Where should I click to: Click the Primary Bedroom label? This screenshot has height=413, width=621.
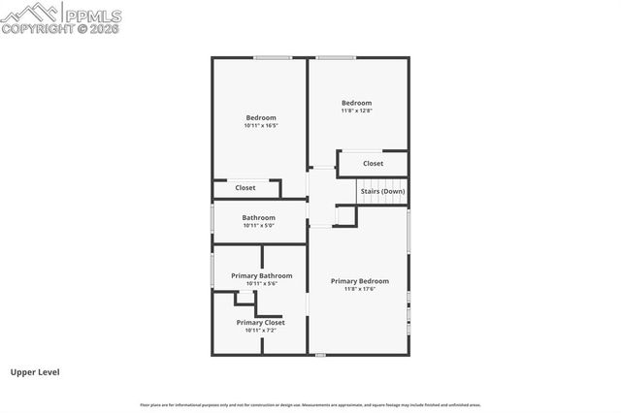click(x=360, y=281)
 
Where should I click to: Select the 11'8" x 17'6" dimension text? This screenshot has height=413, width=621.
click(x=360, y=289)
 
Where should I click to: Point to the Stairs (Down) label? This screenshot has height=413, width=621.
click(x=382, y=191)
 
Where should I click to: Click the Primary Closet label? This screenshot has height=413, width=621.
click(x=260, y=322)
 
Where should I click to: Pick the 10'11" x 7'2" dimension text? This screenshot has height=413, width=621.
click(x=260, y=330)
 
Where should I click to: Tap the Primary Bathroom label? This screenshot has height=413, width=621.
click(x=261, y=275)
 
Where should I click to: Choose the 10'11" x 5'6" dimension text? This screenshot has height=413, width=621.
click(x=261, y=283)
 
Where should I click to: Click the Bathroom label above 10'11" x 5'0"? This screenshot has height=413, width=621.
click(x=259, y=218)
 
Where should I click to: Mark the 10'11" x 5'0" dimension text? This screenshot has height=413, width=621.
click(x=259, y=226)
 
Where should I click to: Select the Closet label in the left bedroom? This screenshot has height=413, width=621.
click(x=245, y=187)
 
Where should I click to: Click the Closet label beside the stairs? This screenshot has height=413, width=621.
click(x=373, y=164)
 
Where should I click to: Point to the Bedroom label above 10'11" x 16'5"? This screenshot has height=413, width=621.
click(x=260, y=118)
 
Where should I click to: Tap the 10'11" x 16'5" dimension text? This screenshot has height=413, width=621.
click(x=260, y=126)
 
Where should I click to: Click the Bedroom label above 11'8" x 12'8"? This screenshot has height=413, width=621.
click(x=356, y=103)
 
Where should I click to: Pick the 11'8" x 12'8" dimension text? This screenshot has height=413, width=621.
click(x=356, y=111)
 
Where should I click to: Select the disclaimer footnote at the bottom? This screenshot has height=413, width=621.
click(x=310, y=405)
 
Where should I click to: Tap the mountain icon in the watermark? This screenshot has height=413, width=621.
click(x=29, y=13)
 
